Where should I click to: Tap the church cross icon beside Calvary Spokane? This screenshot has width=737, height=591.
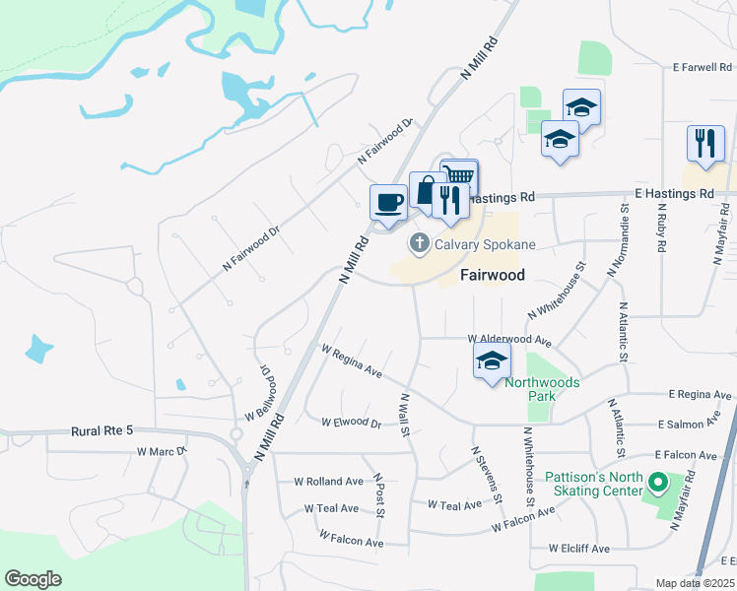[419, 242]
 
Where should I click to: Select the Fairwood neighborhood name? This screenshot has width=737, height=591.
[493, 275]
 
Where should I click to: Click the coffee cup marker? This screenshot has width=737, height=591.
[388, 203]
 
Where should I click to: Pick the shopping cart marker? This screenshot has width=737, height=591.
[459, 176]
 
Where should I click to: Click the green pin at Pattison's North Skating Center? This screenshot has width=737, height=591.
[657, 484]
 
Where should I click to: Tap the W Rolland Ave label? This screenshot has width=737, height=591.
[329, 482]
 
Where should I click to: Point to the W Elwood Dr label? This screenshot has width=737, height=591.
[351, 422]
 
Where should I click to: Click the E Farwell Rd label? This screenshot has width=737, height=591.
[703, 68]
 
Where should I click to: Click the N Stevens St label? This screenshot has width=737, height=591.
[486, 475]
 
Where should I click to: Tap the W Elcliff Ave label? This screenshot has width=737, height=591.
[572, 548]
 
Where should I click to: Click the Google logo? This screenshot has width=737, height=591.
[33, 579]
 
